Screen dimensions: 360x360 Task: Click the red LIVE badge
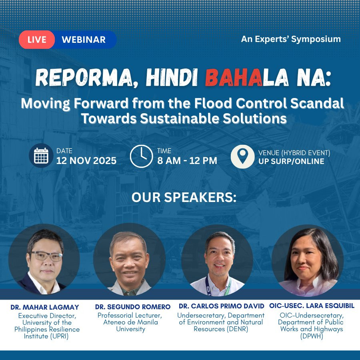tap(37, 40)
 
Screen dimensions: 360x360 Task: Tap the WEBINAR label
tap(84, 40)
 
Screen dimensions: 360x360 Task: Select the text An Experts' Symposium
tap(291, 39)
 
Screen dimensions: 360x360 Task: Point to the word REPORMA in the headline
tap(84, 78)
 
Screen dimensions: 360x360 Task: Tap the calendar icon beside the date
tap(41, 156)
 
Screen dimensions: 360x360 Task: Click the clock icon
tap(142, 156)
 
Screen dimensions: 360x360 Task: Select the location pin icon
tap(242, 156)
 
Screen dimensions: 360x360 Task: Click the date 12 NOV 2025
tap(86, 161)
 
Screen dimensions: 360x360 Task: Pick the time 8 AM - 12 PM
tap(187, 161)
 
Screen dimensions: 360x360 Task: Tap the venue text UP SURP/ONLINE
tap(291, 162)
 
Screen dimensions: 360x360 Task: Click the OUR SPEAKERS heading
tap(184, 197)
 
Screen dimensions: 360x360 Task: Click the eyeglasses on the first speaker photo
tap(47, 256)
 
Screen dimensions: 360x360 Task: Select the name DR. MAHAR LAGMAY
tap(45, 307)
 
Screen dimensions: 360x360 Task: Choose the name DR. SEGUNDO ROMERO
tap(133, 307)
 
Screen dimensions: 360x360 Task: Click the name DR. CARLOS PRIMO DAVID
tap(222, 306)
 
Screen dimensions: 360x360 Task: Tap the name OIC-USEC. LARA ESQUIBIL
tap(312, 306)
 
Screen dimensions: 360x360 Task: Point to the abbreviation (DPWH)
tap(312, 336)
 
